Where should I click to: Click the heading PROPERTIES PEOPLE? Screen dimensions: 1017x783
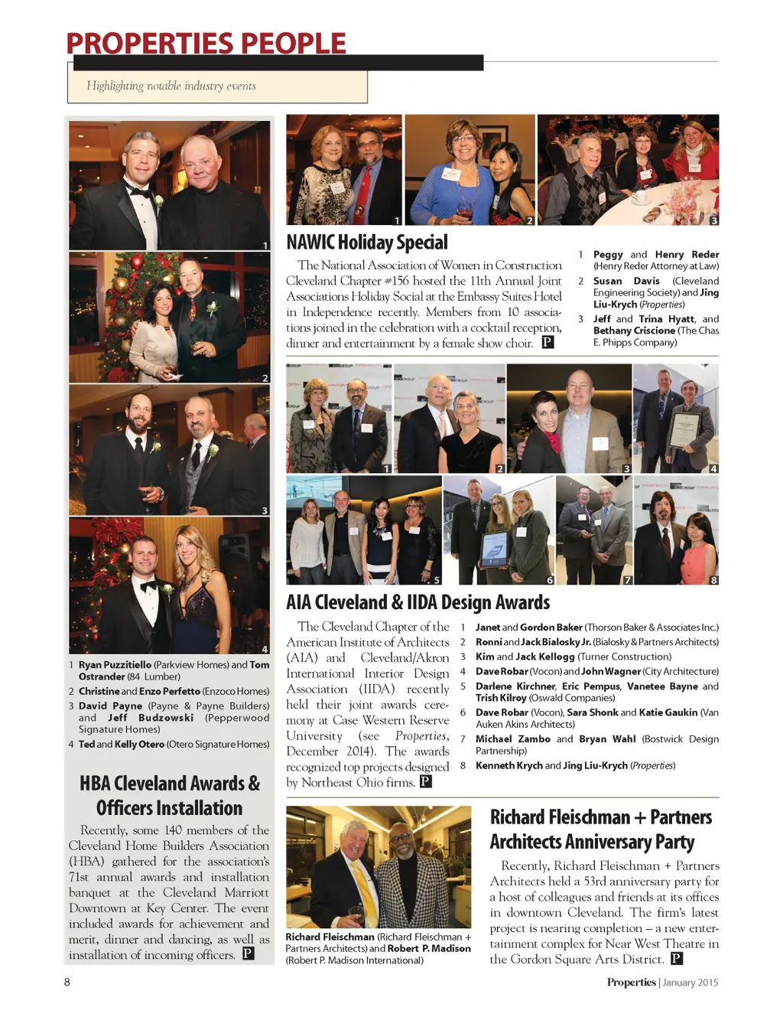tap(206, 43)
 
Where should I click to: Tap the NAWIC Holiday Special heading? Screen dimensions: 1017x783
tap(367, 243)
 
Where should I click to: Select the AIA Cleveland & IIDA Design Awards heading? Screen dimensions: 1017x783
tap(418, 602)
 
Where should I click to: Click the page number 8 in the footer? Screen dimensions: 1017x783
tap(67, 982)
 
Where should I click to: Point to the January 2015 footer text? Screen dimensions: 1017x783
tap(690, 983)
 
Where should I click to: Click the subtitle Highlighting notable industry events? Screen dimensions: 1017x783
tap(171, 86)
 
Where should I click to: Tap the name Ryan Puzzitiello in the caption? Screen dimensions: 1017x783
tap(115, 665)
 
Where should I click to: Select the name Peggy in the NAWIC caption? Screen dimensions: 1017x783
tap(608, 255)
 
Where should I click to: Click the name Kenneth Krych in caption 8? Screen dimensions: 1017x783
tap(508, 765)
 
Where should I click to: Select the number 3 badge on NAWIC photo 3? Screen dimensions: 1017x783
tap(713, 220)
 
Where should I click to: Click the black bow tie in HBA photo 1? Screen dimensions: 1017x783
tap(141, 191)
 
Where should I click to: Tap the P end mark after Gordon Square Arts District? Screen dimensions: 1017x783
tap(676, 959)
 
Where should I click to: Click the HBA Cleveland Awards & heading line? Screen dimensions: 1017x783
tap(170, 784)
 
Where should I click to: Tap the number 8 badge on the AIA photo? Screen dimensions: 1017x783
tap(713, 580)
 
